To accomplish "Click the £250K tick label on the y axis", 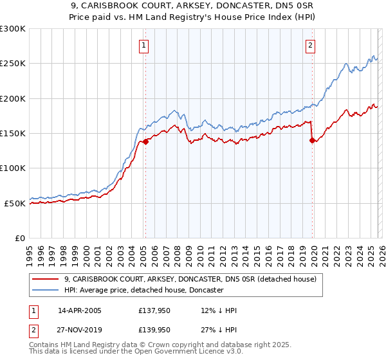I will [13, 64].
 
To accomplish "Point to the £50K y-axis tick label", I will [15, 203].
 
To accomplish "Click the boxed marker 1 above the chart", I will [143, 45].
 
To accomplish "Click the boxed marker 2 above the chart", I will [311, 45].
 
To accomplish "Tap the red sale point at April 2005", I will [146, 142].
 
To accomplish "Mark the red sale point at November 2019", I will [311, 141].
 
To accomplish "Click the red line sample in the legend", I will [45, 279].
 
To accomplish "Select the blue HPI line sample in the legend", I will [45, 291].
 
